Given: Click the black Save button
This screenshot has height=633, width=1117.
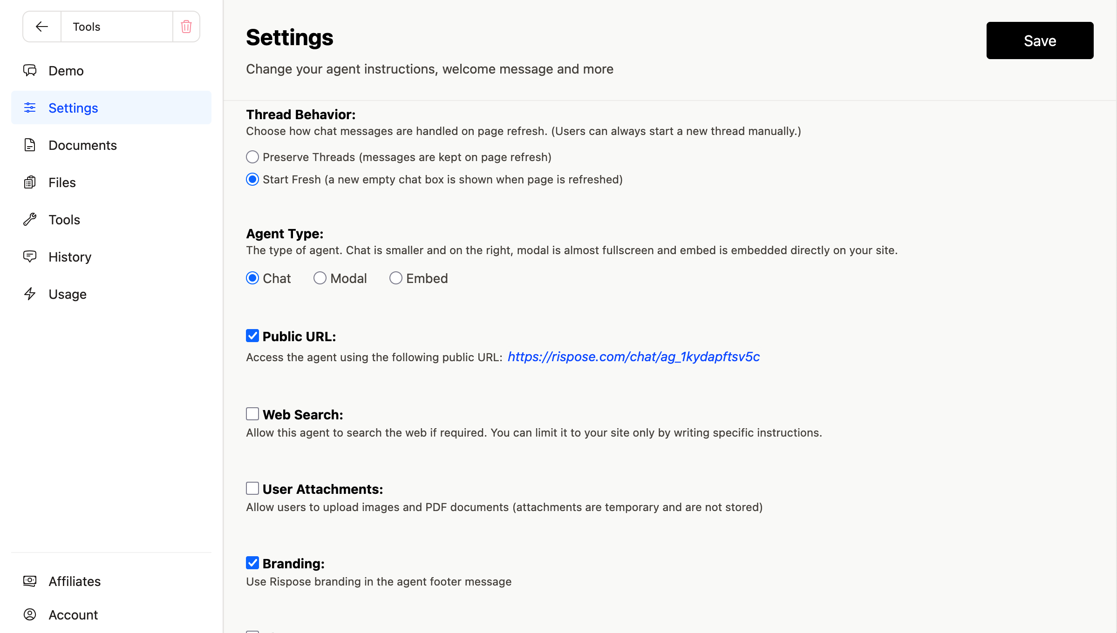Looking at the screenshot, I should click(1039, 40).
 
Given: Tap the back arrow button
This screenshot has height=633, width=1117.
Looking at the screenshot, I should click(42, 27).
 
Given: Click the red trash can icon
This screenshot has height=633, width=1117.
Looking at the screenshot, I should click(186, 27).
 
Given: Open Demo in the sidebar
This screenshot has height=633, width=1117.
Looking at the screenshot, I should click(66, 71).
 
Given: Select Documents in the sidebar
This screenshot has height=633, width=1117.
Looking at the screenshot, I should click(82, 145).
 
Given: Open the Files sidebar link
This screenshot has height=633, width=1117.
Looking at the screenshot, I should click(62, 182).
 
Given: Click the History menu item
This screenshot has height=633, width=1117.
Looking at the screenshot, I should click(70, 257).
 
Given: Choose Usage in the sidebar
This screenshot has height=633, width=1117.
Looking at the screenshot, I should click(68, 294).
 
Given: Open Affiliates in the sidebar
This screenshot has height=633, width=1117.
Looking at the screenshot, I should click(75, 581).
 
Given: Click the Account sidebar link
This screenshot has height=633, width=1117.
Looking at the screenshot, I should click(73, 615).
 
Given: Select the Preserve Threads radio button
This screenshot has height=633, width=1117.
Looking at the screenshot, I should click(252, 157).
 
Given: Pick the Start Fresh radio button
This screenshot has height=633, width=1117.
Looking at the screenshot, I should click(252, 179).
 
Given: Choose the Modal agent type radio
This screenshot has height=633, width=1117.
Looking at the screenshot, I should click(320, 278).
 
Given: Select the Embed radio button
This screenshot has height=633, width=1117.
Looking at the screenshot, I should click(396, 278).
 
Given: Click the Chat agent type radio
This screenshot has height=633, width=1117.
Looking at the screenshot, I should click(252, 278).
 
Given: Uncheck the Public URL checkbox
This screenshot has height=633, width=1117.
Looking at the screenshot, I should click(252, 336).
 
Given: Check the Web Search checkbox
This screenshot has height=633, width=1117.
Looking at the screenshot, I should click(252, 414).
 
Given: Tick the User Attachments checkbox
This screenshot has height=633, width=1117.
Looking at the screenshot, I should click(252, 488).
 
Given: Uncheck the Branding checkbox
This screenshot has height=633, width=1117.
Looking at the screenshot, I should click(252, 563).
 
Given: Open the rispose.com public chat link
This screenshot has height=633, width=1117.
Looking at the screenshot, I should click(633, 357).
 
